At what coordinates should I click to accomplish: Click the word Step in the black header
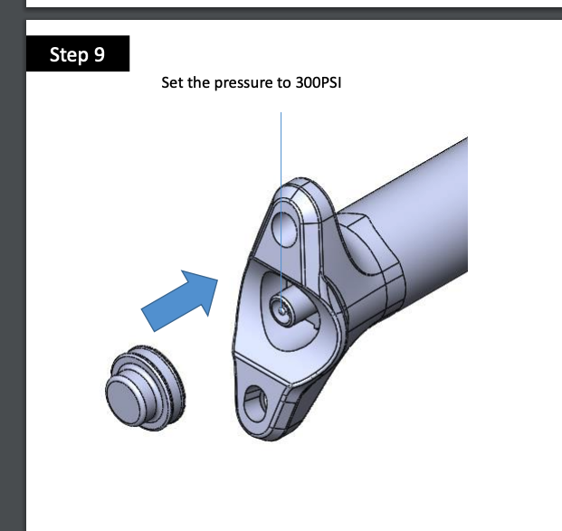[69, 55]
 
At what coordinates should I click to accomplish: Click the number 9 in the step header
[100, 54]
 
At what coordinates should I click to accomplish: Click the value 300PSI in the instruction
[319, 82]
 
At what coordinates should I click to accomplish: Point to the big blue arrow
[179, 301]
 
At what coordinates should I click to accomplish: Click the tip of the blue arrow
[217, 280]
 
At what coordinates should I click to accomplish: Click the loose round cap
[146, 388]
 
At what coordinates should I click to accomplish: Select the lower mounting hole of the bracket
[255, 403]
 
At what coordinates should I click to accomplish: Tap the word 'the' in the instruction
[198, 82]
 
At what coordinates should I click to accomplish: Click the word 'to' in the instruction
[283, 82]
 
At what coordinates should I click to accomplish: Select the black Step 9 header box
[78, 53]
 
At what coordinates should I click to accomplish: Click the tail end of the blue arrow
[148, 319]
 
